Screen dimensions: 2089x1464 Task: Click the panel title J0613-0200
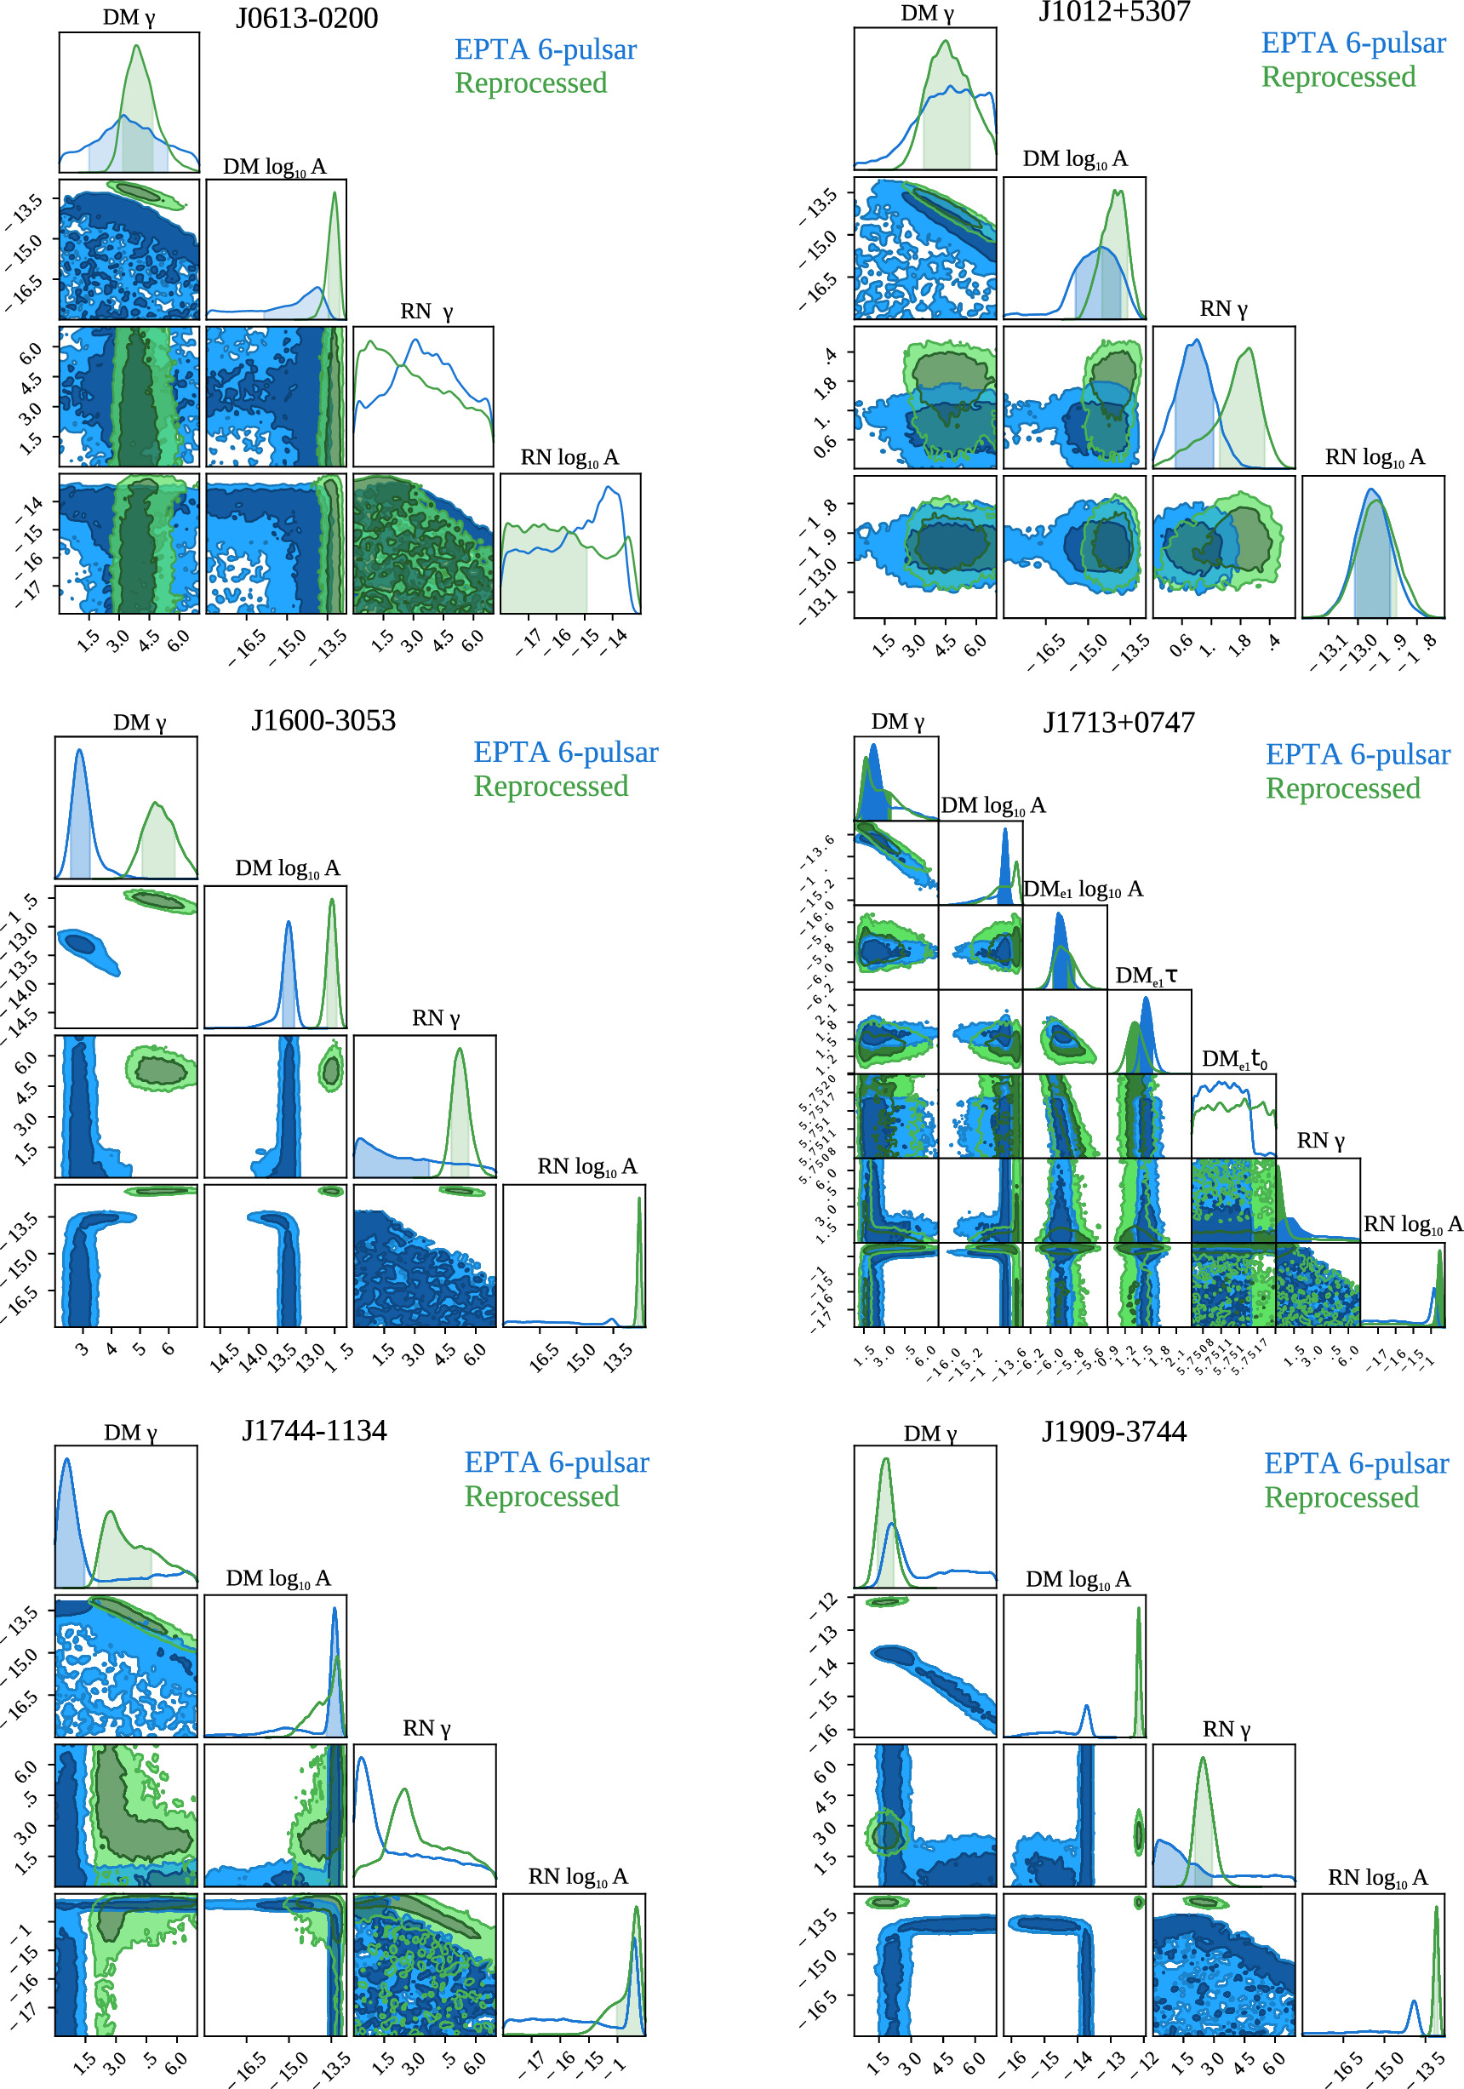pos(306,19)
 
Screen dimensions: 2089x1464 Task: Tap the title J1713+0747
pos(1118,723)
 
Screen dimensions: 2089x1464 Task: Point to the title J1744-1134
pos(314,1431)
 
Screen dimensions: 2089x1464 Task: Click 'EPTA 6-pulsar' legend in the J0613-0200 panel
pos(545,49)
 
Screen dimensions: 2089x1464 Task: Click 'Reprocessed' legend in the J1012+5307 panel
pos(1338,77)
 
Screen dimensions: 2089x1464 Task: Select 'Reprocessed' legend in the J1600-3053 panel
pos(551,786)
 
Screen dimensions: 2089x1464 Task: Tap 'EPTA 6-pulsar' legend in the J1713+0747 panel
pos(1358,754)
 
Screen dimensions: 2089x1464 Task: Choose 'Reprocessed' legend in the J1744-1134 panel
pos(541,1497)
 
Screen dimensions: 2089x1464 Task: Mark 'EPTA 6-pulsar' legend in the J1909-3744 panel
pos(1356,1463)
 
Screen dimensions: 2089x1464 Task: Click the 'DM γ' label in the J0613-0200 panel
pos(129,18)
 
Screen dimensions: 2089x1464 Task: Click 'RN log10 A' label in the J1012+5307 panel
pos(1374,458)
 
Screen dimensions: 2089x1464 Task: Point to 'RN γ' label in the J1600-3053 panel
pos(436,1018)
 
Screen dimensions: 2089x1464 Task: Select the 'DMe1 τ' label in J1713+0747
pos(1147,976)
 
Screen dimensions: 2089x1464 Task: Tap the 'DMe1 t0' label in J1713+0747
pos(1235,1059)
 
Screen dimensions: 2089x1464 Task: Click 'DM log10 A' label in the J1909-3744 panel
pos(1078,1579)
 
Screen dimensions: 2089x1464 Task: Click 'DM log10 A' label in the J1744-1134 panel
pos(277,1578)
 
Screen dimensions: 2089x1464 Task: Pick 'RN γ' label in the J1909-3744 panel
pos(1226,1730)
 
